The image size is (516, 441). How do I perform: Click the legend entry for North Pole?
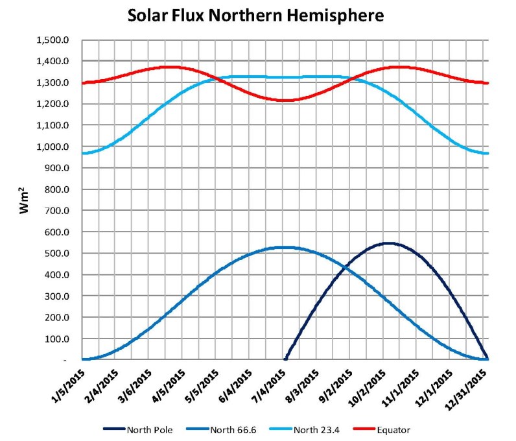point(134,429)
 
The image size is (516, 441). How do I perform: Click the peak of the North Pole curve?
point(388,243)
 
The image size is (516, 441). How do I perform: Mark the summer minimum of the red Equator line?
point(285,101)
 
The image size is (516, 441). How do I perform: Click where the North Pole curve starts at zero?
point(285,359)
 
